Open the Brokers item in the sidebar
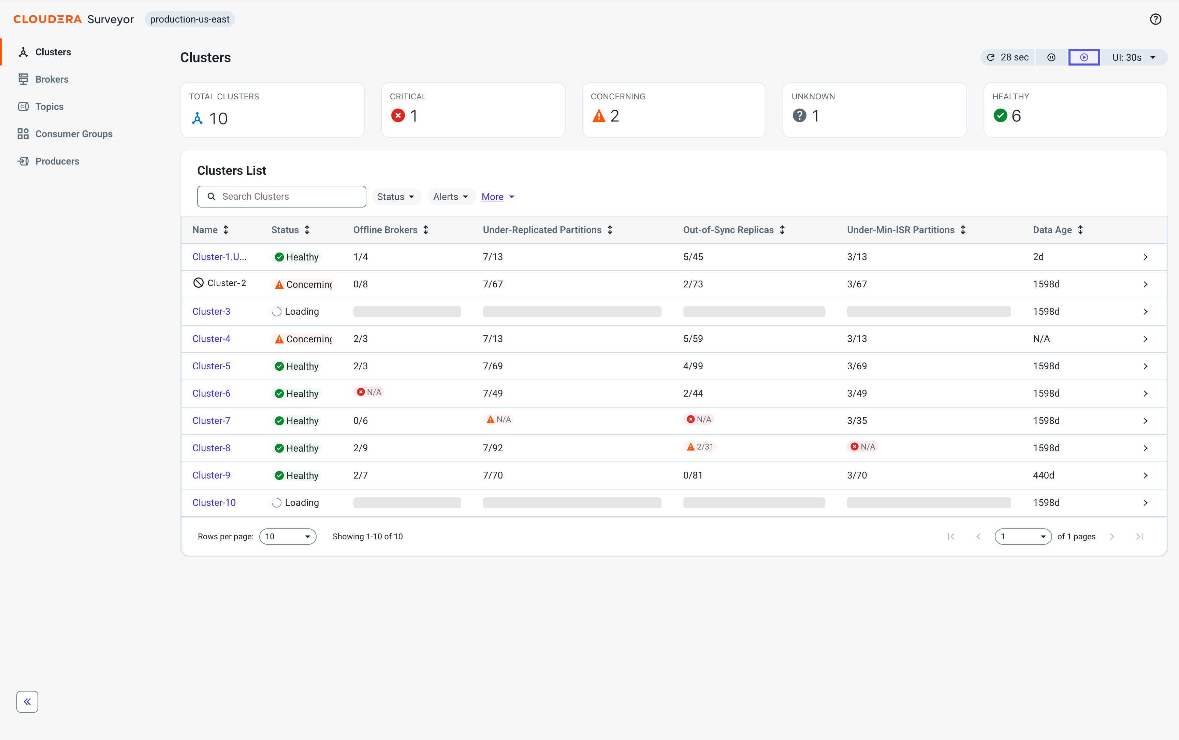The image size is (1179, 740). [52, 79]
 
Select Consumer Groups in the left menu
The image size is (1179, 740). [73, 134]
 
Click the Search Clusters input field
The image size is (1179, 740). [282, 196]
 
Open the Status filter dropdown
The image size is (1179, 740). [396, 197]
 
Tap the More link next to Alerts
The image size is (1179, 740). [492, 197]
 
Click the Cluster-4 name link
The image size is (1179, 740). [211, 339]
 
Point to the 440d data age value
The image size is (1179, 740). [1044, 475]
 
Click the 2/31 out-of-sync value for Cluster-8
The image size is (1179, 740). [700, 447]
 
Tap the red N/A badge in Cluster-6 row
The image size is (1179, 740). [369, 392]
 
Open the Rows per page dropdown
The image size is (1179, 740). [288, 537]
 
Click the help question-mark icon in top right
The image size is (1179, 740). [1155, 19]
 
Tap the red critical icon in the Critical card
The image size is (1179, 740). [398, 115]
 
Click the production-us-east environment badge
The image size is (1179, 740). [190, 19]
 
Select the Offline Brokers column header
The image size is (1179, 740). [385, 230]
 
